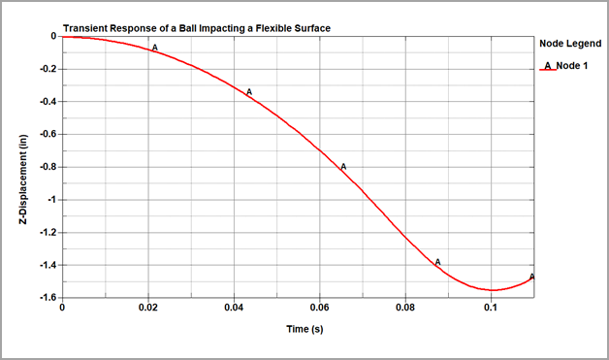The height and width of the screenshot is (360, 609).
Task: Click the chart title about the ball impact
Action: click(x=196, y=28)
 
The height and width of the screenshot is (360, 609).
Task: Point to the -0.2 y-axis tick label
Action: click(x=45, y=69)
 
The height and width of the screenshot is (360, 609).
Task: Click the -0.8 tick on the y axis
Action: click(x=45, y=167)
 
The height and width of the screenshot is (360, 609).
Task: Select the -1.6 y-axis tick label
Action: click(x=45, y=298)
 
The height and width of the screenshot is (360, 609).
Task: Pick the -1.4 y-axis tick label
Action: click(x=45, y=265)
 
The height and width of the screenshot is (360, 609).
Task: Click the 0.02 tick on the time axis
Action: click(x=148, y=310)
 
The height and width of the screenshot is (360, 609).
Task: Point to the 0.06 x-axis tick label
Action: click(x=320, y=310)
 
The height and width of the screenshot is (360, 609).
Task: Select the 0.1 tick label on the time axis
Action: click(x=492, y=310)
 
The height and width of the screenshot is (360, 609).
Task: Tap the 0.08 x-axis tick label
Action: click(x=406, y=310)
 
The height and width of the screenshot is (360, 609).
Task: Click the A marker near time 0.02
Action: click(x=155, y=47)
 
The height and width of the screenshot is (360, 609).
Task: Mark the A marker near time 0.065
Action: click(x=343, y=167)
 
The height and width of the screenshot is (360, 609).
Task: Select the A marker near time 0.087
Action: click(x=437, y=261)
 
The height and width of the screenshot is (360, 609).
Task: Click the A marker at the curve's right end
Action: click(x=532, y=277)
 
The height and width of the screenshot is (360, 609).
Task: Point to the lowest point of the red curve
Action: click(x=493, y=290)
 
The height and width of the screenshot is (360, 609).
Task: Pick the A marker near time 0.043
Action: click(x=249, y=92)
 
